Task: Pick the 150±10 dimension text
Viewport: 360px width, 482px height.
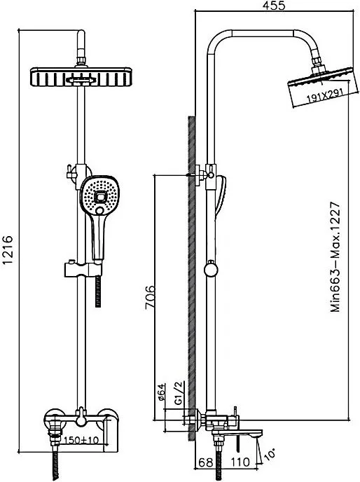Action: (80, 441)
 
